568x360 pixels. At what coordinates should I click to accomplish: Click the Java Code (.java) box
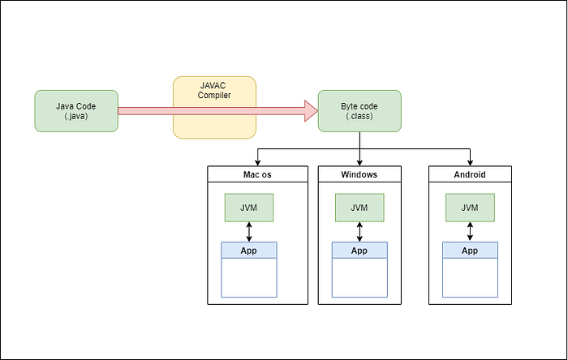76,111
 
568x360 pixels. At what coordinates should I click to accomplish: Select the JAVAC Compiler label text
214,91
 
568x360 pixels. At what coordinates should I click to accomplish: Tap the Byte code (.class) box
359,111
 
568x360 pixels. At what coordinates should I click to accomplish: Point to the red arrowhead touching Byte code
311,111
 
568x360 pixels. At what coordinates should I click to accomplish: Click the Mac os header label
257,175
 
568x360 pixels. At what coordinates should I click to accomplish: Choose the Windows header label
359,175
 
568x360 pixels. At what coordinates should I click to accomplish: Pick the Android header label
470,175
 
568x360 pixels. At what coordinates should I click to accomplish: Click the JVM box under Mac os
249,208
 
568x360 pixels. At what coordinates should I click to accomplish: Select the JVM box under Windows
359,208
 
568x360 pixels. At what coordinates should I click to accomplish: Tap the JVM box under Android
470,208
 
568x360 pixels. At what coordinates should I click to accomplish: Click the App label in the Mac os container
248,251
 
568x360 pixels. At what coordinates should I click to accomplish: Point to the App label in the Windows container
359,251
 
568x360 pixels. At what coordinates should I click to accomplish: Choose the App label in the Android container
470,251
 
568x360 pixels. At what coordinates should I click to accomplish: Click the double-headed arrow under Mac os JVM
249,232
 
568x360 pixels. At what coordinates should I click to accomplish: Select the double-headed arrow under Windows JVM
359,232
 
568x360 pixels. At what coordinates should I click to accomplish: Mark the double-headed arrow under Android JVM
470,232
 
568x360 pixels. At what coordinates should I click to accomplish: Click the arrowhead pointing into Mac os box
257,163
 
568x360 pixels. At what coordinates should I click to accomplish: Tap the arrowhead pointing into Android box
470,163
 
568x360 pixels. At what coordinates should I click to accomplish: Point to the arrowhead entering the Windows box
359,163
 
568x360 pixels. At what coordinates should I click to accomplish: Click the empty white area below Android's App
470,277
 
